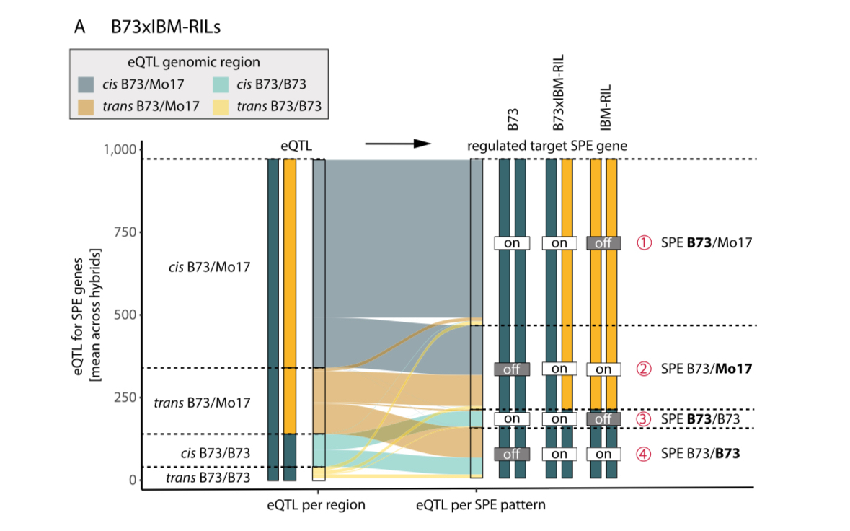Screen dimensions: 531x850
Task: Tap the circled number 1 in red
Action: click(x=643, y=243)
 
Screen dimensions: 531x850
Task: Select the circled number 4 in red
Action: click(x=643, y=455)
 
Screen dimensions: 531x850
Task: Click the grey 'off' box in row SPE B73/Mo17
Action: click(x=603, y=243)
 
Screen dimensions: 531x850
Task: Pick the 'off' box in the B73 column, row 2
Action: click(x=512, y=369)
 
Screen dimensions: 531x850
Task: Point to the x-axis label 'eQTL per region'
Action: click(x=315, y=505)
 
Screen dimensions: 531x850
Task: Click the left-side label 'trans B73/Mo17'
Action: click(x=203, y=403)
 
